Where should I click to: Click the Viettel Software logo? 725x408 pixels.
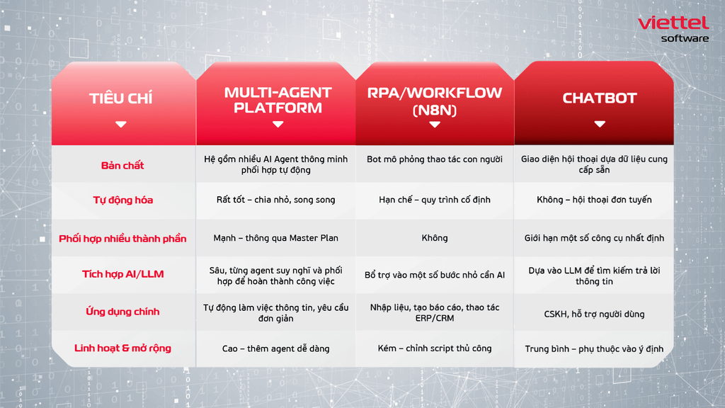[x=673, y=29]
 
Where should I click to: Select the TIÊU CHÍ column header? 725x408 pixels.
[x=120, y=98]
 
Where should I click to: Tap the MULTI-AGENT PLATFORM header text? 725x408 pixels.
[x=278, y=100]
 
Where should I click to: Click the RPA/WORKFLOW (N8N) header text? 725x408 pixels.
[x=435, y=101]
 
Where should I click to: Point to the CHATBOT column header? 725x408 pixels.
[x=600, y=98]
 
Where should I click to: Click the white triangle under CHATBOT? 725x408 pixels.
[x=600, y=124]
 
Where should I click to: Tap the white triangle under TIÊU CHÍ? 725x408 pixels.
[x=120, y=124]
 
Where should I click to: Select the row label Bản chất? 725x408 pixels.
[x=122, y=165]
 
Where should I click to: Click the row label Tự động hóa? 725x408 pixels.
[x=123, y=200]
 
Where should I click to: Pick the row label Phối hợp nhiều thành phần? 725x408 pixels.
[x=122, y=239]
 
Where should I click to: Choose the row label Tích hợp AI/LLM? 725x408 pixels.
[x=123, y=274]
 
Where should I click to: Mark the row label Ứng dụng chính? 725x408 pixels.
[x=122, y=312]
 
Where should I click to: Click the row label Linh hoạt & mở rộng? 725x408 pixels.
[x=122, y=348]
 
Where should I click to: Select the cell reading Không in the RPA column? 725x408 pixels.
[x=435, y=238]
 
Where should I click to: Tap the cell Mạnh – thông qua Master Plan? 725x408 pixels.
[x=275, y=238]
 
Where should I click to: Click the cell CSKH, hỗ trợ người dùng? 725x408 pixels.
[x=594, y=314]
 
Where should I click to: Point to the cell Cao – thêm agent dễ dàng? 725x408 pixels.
[x=275, y=348]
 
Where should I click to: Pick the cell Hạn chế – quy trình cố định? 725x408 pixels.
[x=435, y=200]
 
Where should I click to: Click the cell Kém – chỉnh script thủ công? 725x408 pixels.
[x=435, y=348]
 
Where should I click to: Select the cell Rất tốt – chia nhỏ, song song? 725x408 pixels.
[x=275, y=200]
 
